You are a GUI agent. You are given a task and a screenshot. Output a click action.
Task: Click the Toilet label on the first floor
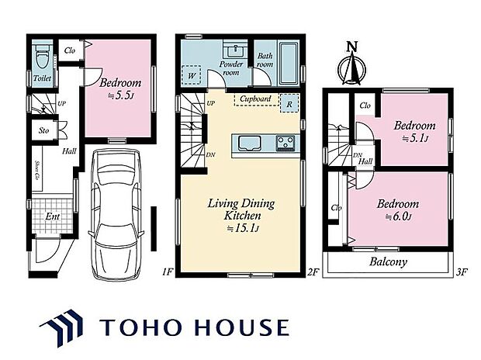coord(41,79)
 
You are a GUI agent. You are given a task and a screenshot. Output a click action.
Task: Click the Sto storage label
coord(43,130)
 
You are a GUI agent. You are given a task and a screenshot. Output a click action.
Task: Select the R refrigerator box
coord(289,102)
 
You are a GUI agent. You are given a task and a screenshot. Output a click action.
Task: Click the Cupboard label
coord(255,99)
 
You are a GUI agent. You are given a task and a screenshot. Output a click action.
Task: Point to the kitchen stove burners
coord(285,142)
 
